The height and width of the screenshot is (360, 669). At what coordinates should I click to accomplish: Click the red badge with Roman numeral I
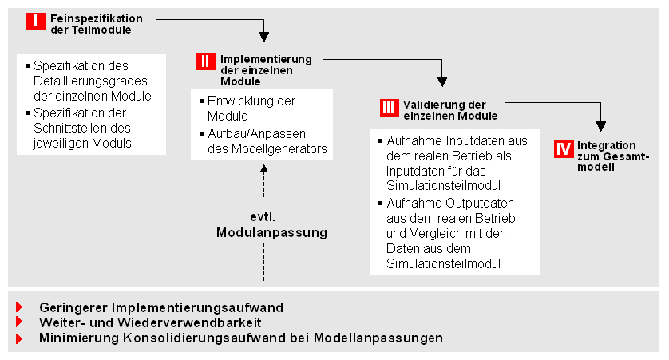[36, 22]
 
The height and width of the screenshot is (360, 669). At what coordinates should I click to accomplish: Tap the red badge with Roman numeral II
[206, 61]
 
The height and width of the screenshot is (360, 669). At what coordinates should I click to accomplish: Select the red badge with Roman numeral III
[389, 107]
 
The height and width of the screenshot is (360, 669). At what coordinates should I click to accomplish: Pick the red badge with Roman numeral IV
[564, 149]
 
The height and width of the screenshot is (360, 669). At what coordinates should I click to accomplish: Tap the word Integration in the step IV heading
[606, 145]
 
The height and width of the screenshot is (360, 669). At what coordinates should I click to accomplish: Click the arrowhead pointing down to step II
[264, 37]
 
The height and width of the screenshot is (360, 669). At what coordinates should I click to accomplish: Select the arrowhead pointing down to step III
[442, 82]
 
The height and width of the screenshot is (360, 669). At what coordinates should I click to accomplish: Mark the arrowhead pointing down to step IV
[600, 126]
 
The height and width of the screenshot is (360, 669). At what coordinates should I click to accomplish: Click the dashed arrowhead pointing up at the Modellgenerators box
[264, 169]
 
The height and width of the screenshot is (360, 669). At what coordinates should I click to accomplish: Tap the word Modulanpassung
[271, 232]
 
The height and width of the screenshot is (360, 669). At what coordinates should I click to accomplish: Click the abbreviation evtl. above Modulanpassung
[263, 216]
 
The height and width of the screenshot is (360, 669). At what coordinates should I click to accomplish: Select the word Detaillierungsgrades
[90, 81]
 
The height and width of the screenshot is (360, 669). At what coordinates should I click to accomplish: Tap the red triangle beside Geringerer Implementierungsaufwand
[19, 307]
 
